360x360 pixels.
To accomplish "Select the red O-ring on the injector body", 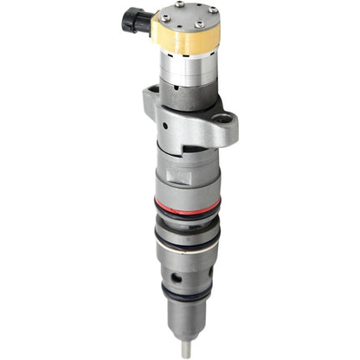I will tap(187, 205).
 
